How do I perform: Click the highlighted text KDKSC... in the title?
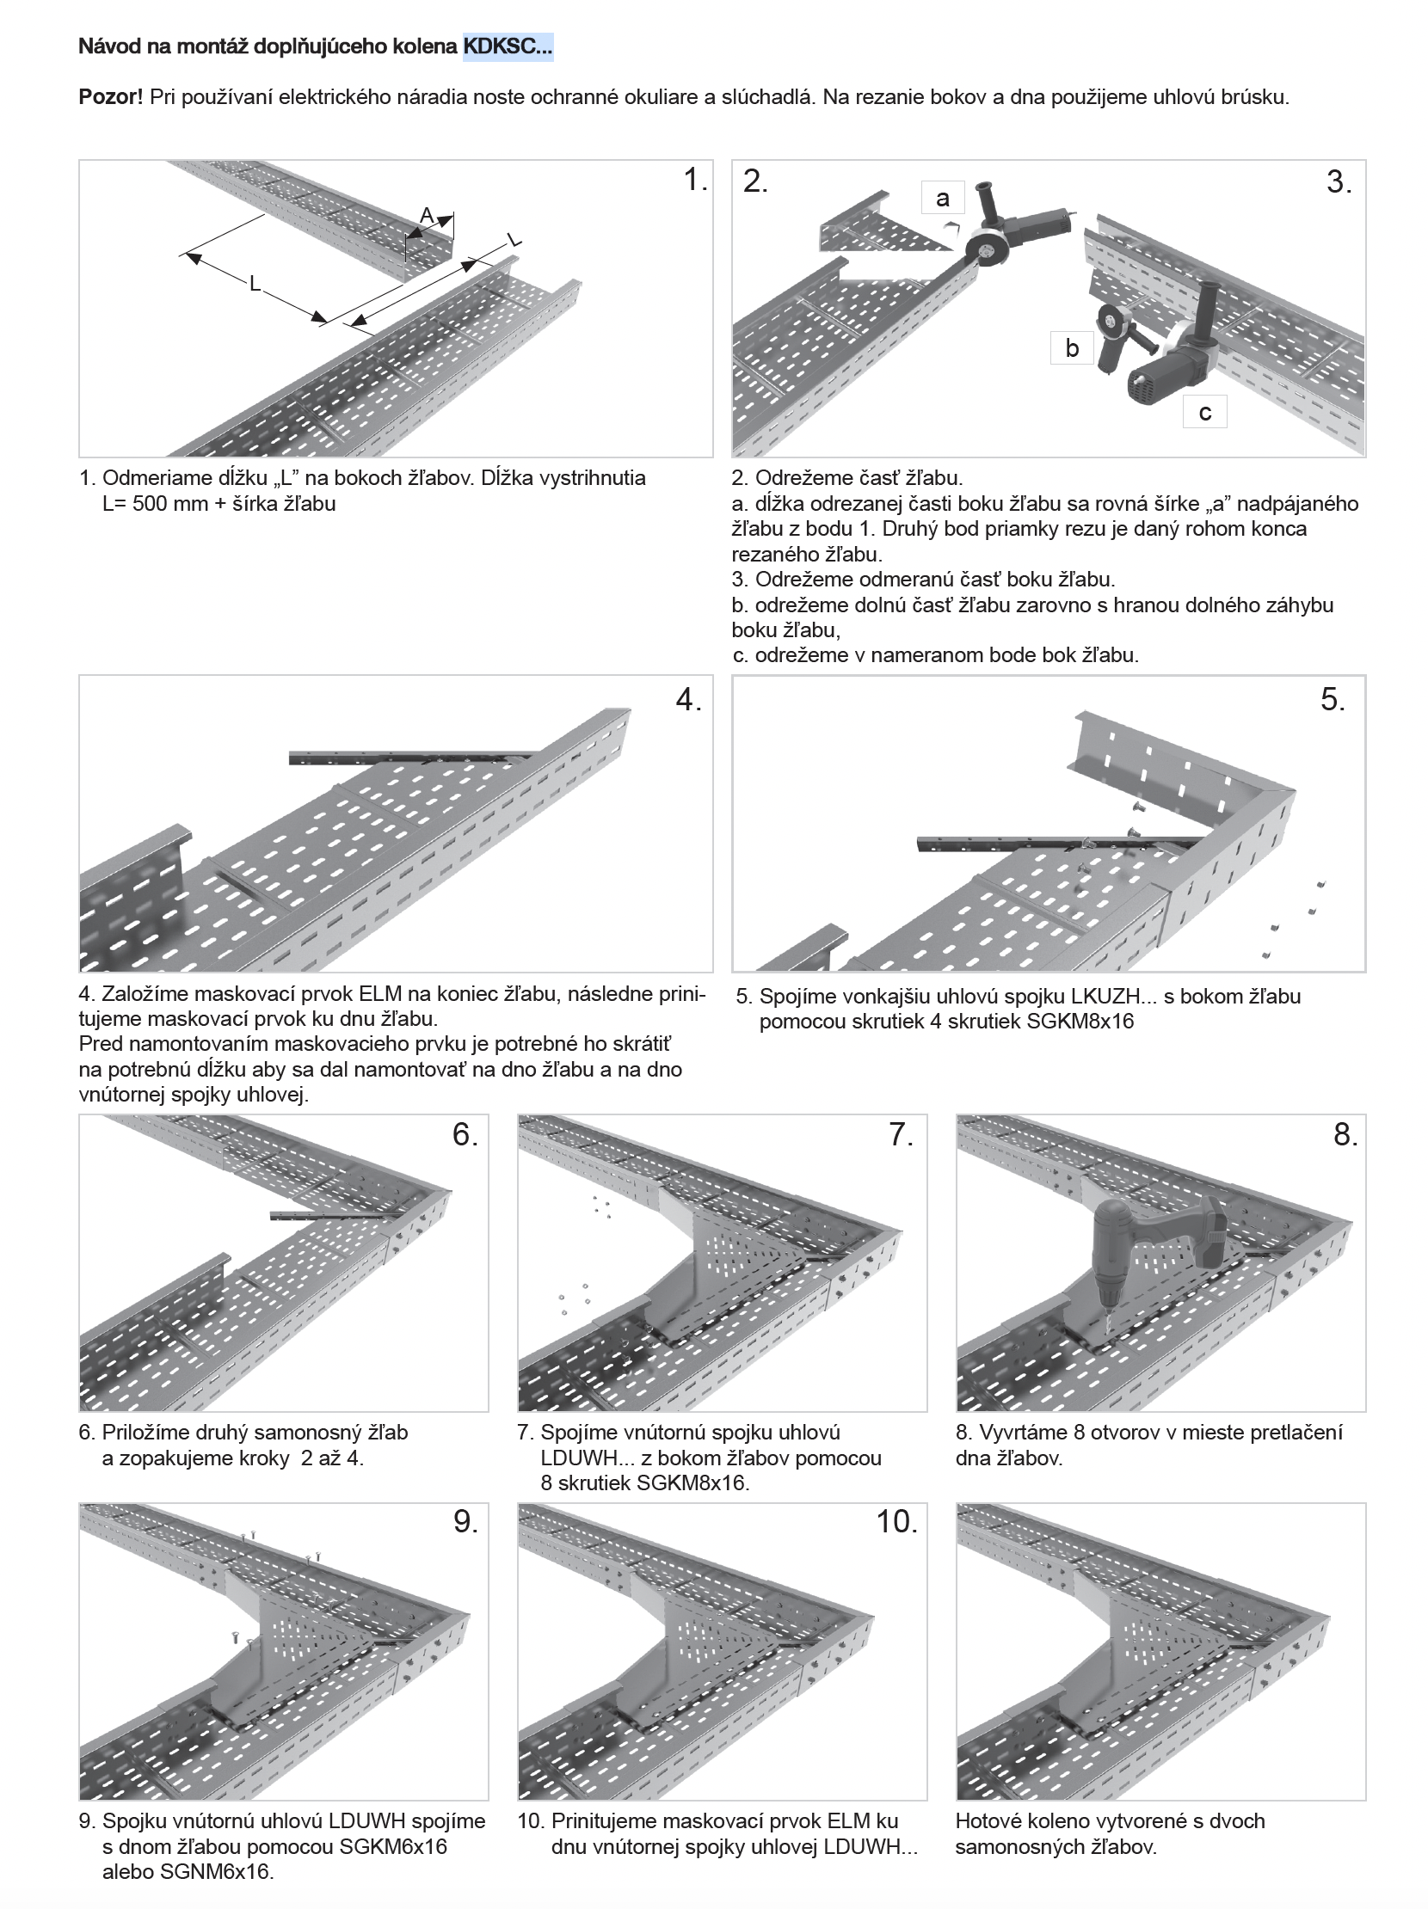[x=508, y=46]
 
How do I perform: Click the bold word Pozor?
[x=110, y=96]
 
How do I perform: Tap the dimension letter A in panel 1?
[x=427, y=216]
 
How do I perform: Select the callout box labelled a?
[x=942, y=199]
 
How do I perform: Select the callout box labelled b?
[x=1072, y=347]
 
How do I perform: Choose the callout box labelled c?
[x=1204, y=413]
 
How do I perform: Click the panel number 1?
[x=695, y=180]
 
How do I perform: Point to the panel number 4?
[x=688, y=699]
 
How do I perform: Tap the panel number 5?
[x=1333, y=699]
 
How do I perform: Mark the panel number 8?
[x=1345, y=1134]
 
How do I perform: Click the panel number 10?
[x=897, y=1521]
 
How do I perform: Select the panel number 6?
[x=465, y=1134]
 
